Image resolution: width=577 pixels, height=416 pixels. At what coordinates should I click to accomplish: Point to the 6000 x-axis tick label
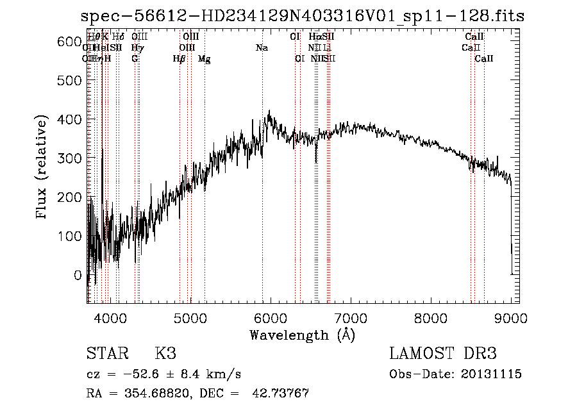coord(270,318)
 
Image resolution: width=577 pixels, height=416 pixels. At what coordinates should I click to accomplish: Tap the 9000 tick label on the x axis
coord(511,318)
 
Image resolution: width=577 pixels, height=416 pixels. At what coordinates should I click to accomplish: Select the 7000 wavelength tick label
coord(351,318)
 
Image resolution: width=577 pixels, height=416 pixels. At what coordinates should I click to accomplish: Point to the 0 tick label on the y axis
coord(78,275)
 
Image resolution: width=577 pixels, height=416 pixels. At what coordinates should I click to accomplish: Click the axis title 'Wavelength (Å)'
coord(302,334)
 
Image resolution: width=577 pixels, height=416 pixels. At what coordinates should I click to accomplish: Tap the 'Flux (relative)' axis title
coord(43,169)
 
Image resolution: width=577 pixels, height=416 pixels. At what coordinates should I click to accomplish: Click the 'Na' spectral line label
coord(262,47)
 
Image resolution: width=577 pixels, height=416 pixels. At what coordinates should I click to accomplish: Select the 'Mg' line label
coord(204,58)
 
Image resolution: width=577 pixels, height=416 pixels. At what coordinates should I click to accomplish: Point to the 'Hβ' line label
coord(180,58)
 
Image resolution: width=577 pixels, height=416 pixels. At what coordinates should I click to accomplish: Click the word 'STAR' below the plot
coord(106,354)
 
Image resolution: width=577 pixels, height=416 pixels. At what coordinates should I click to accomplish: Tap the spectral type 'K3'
coord(165,354)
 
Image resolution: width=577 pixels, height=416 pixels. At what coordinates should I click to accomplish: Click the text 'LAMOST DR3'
coord(442,354)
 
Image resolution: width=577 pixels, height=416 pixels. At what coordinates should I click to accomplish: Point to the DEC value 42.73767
coord(282,394)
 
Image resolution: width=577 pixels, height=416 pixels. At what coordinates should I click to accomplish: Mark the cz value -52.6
coord(131,374)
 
